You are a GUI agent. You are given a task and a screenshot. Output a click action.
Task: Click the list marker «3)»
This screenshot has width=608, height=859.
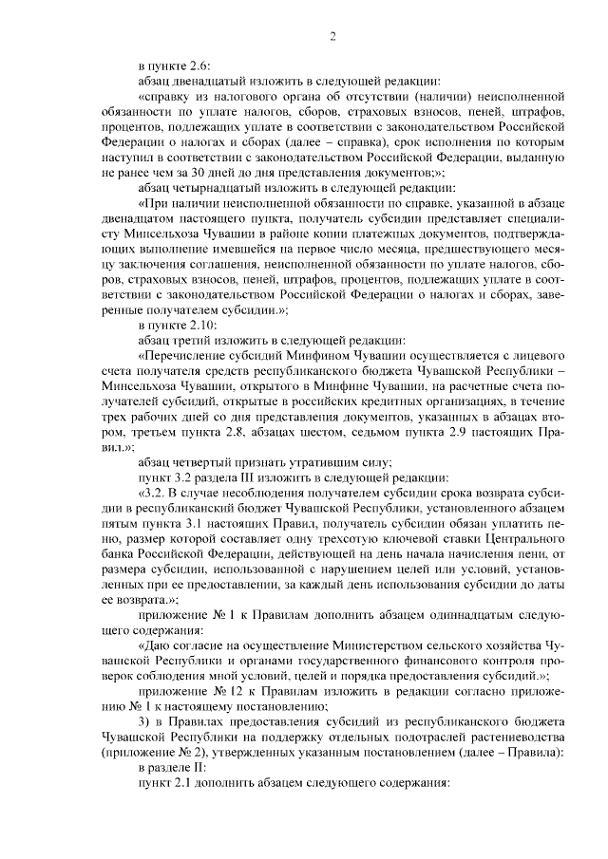click(144, 719)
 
